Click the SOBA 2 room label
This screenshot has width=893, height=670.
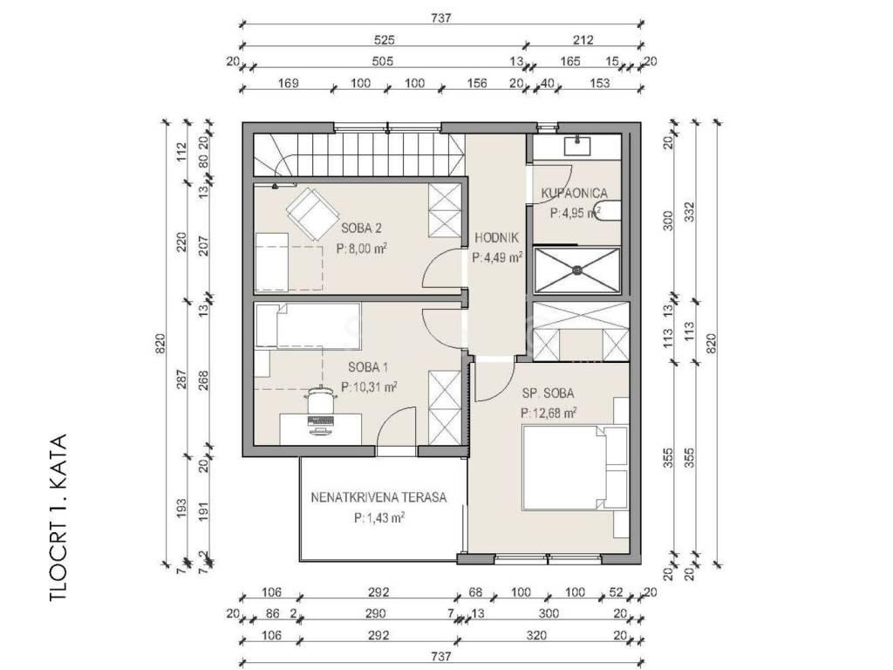click(361, 229)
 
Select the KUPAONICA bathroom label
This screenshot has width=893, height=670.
click(574, 193)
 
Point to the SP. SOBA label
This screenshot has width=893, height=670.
click(548, 393)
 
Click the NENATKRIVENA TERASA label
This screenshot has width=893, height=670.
click(378, 497)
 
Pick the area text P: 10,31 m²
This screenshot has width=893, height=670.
click(369, 387)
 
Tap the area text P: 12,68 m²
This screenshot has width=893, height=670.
click(549, 413)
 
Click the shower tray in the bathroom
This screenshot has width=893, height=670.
click(576, 270)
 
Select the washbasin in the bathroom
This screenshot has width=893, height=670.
click(580, 146)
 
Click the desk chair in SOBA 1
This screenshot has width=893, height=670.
click(320, 400)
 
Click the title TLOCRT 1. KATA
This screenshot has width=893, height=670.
click(58, 518)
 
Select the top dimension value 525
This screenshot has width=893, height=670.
click(385, 40)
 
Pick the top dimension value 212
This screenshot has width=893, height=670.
click(583, 40)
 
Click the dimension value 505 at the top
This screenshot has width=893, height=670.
click(382, 61)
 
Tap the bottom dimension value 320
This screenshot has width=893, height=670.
click(536, 635)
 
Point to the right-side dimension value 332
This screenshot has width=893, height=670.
click(689, 212)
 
